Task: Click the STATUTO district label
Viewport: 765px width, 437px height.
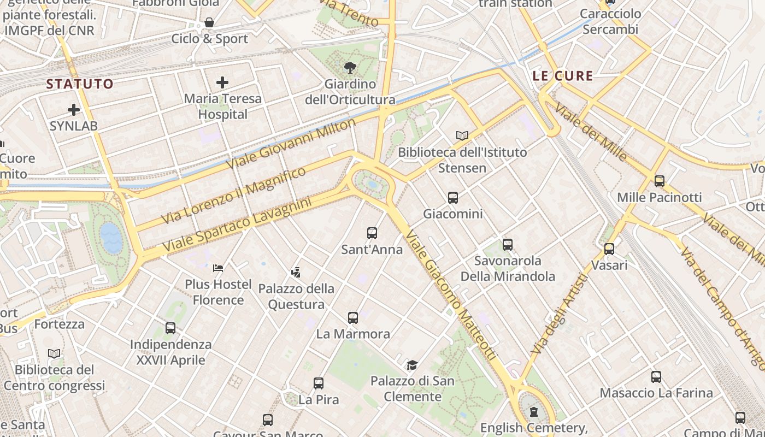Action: tap(80, 84)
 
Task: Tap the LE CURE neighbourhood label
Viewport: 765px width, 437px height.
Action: tap(563, 76)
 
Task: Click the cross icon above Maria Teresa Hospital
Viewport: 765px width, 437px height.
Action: tap(222, 82)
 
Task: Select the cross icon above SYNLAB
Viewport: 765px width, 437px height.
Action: tap(74, 110)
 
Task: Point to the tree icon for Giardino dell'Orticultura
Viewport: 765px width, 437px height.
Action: tap(350, 68)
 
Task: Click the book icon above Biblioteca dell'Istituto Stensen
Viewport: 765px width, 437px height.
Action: tap(462, 135)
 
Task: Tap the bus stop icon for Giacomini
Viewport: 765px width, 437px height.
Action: tap(453, 197)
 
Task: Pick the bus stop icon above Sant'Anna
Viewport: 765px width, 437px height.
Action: tap(372, 233)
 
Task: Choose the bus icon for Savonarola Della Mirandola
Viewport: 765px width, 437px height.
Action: tap(508, 244)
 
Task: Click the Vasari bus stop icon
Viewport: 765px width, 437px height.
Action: tap(609, 249)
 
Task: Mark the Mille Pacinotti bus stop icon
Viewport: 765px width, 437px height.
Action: tap(660, 181)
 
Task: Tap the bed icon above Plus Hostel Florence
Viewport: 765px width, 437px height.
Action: tap(218, 268)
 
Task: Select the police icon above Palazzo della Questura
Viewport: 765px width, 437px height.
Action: tap(296, 272)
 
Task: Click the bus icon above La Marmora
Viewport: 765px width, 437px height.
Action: tap(353, 317)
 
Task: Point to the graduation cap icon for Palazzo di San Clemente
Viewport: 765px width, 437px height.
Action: tap(412, 365)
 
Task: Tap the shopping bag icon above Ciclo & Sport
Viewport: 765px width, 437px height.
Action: tap(209, 23)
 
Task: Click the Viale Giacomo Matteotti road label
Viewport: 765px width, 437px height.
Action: tap(451, 295)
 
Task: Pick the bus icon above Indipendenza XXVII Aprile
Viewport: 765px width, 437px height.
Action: tap(170, 328)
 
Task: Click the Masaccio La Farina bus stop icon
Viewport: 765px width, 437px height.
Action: tap(656, 377)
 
